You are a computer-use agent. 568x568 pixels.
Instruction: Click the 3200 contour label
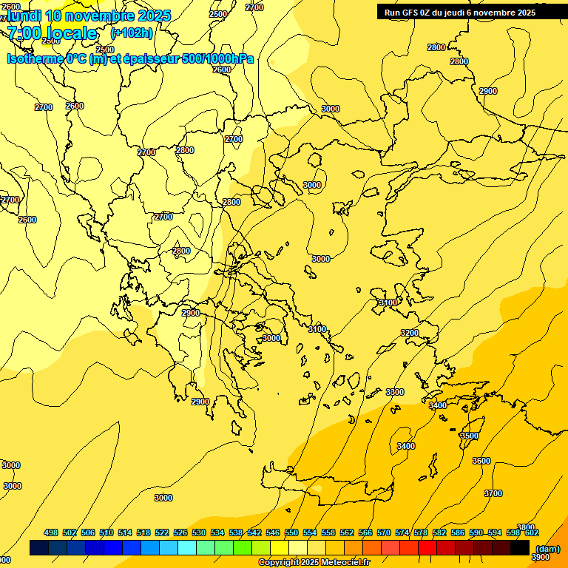(x=410, y=334)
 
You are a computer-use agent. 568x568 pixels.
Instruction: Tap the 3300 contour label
(x=395, y=392)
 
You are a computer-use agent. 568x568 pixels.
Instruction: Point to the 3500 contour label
(x=469, y=436)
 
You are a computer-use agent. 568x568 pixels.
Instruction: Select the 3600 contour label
(x=481, y=461)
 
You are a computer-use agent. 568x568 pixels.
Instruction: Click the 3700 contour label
(x=493, y=493)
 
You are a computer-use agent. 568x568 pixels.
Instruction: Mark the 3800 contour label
(x=526, y=527)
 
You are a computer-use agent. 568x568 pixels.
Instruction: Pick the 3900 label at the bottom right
(x=540, y=557)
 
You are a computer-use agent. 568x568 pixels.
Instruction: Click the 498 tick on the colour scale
(x=51, y=532)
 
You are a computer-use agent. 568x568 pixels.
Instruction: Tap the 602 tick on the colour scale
(x=532, y=532)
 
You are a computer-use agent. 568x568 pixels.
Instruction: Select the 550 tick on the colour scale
(x=291, y=532)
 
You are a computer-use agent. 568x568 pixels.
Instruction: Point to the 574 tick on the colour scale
(x=402, y=532)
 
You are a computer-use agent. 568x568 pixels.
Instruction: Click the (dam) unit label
(x=547, y=548)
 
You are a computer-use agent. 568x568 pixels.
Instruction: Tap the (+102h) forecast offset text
(x=131, y=33)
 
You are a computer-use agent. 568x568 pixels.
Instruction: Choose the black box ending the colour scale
(x=520, y=547)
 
